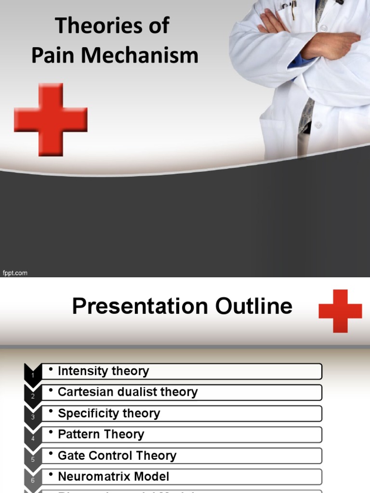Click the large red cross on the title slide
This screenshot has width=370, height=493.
(51, 119)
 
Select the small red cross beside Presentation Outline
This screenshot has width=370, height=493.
(340, 311)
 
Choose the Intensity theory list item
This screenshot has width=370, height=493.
(103, 371)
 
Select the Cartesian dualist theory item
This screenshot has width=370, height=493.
(128, 392)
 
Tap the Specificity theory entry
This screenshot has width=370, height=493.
(109, 414)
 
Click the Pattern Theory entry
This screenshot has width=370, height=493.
(101, 435)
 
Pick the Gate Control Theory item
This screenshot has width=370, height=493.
(117, 456)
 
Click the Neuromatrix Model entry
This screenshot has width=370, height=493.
(113, 477)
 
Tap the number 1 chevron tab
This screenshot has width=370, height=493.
(33, 374)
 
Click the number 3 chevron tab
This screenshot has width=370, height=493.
(33, 416)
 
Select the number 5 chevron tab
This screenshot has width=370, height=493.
(33, 459)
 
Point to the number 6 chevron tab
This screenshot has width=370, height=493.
(33, 480)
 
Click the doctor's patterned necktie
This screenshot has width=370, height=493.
(306, 116)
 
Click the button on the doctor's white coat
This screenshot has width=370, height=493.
(318, 125)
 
